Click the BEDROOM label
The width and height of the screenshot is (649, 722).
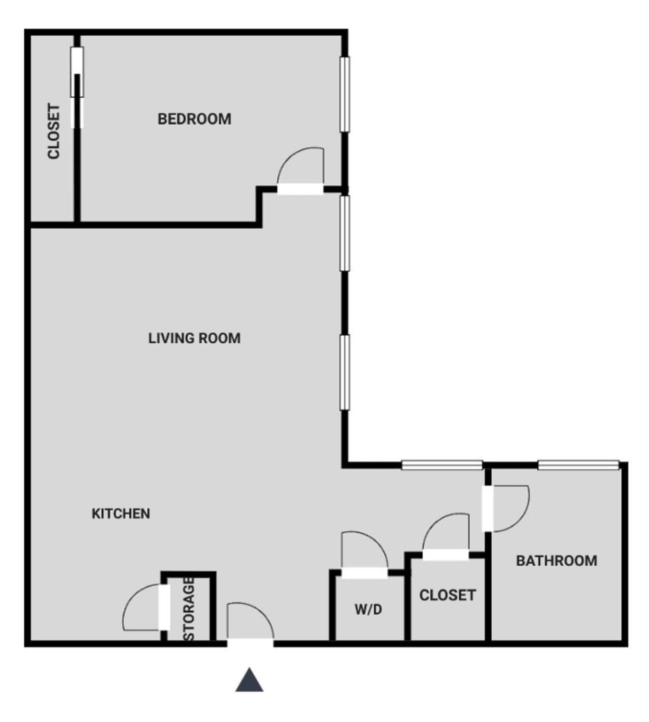(x=194, y=119)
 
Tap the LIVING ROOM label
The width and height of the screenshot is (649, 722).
(x=194, y=338)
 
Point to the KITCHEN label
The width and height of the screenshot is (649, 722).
(x=121, y=513)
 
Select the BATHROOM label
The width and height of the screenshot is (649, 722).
(x=556, y=560)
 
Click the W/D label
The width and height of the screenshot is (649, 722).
(x=368, y=609)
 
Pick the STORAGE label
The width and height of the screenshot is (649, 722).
(x=189, y=609)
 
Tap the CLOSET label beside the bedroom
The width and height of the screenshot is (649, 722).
(x=54, y=131)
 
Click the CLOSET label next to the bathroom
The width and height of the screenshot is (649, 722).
(x=447, y=595)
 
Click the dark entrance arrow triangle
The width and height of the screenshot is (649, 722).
(x=249, y=681)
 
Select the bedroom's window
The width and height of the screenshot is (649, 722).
(x=345, y=94)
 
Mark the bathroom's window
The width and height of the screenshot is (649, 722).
(x=578, y=465)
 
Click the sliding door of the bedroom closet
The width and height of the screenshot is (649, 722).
(x=77, y=88)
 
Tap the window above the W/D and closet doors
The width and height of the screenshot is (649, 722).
(x=442, y=465)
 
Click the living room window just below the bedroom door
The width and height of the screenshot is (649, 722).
(x=345, y=233)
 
